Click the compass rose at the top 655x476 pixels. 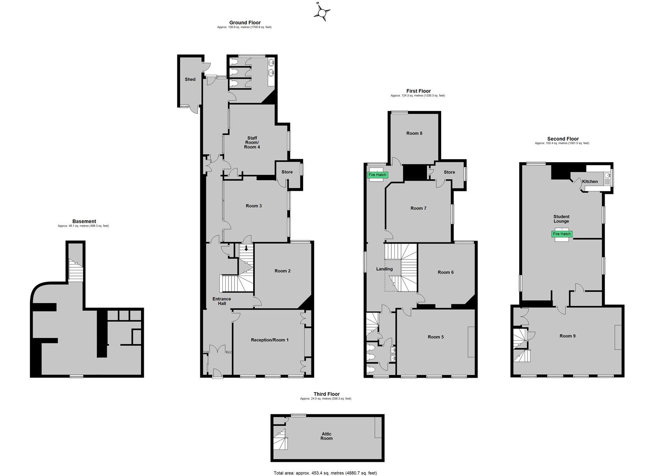pos(322,12)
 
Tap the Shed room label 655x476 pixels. pos(190,79)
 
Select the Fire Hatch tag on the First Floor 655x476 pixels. pos(378,175)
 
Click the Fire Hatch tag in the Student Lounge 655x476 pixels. pos(562,234)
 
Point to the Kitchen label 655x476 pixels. pos(590,182)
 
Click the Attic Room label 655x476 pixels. pos(327,436)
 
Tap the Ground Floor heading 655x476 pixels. pos(245,22)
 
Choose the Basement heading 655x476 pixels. pos(84,221)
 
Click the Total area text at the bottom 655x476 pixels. pos(326,473)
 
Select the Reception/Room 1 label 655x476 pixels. pos(269,340)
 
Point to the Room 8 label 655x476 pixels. pos(414,133)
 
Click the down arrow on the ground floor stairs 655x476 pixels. pos(246,248)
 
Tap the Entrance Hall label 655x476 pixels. pos(222,301)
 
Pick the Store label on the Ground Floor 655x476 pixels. pos(287,172)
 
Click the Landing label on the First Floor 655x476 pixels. pos(384,269)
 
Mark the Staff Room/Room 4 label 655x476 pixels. pos(252,142)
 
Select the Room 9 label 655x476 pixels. pos(568,336)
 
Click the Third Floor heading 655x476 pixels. pos(327,394)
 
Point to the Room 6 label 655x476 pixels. pos(445,272)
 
